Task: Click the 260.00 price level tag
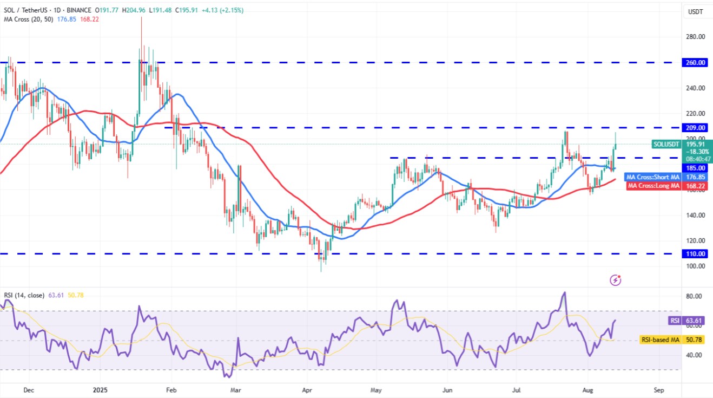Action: coord(695,62)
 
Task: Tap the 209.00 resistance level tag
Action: coord(695,128)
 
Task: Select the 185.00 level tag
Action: coord(695,168)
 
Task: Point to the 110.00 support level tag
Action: coord(695,253)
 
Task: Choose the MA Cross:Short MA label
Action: coord(652,177)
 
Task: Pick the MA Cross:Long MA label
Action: coord(652,186)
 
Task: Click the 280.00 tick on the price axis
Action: coord(695,37)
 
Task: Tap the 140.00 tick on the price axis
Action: coord(695,215)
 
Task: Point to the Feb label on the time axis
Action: coord(171,390)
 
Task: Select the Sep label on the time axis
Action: coord(658,390)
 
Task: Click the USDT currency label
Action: coord(695,11)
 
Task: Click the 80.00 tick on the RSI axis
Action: coord(695,296)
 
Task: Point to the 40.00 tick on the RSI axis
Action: coord(695,355)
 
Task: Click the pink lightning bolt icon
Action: coord(615,280)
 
